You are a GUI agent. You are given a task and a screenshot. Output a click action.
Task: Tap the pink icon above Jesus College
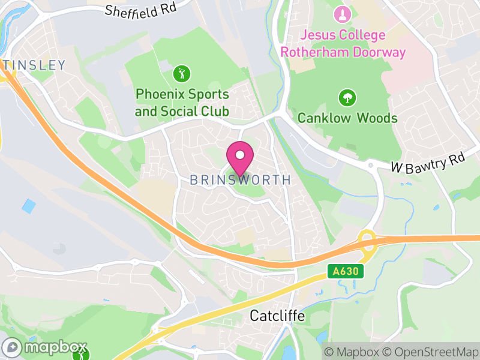pyautogui.click(x=343, y=14)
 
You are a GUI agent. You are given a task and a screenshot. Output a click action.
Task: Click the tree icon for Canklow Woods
pyautogui.click(x=347, y=97)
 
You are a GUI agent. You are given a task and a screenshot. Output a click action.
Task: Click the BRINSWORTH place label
pyautogui.click(x=240, y=180)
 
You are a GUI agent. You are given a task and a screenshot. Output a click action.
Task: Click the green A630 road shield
pyautogui.click(x=347, y=272)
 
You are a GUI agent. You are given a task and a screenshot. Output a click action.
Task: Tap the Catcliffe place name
pyautogui.click(x=277, y=316)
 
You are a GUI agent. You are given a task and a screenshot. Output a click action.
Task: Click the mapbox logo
pyautogui.click(x=45, y=347)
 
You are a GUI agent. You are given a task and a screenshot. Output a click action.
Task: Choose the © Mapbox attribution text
pyautogui.click(x=352, y=352)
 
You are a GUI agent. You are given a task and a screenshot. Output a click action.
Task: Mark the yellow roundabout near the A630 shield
pyautogui.click(x=367, y=239)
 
